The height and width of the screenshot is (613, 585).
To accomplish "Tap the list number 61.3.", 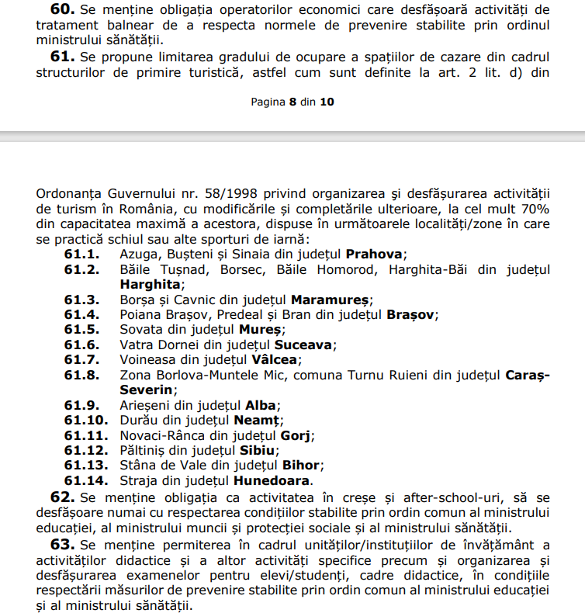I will tap(81, 300).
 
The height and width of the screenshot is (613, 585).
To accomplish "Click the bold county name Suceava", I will tap(304, 345).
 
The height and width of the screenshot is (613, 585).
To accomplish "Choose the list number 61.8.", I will tap(81, 375).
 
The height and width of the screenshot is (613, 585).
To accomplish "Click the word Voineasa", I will tap(150, 359).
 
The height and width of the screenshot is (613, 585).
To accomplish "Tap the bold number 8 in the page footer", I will tap(293, 102).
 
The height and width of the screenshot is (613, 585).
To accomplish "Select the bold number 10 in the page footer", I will tap(327, 102).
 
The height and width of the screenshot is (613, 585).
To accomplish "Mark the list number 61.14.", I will tap(85, 480).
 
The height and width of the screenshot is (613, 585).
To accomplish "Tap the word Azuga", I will tap(138, 254).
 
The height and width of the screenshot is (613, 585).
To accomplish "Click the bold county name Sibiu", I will tap(258, 450).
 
